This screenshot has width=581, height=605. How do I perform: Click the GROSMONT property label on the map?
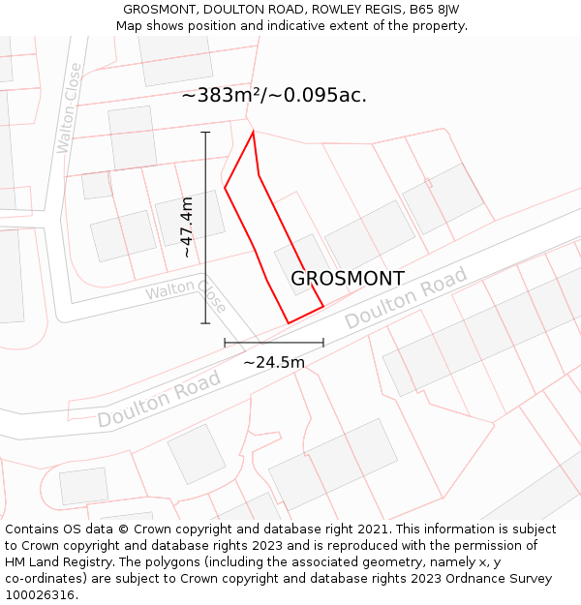(348, 279)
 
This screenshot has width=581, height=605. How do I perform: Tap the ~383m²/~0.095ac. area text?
(274, 96)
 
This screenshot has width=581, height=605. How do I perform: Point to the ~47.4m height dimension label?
(188, 227)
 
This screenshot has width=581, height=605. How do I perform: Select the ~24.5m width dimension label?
(274, 363)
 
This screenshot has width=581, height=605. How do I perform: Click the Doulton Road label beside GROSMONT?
(407, 297)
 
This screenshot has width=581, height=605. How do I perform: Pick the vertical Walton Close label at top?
(70, 107)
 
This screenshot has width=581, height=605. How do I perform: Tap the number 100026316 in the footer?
(42, 595)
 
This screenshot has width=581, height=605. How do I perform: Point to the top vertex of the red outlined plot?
(254, 132)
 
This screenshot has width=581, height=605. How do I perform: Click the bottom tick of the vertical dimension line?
(205, 323)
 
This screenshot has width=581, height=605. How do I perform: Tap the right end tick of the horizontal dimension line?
(323, 343)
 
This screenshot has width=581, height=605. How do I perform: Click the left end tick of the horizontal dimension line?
(225, 343)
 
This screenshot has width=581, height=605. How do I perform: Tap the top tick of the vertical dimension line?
(205, 132)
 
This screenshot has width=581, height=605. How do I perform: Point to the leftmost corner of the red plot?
(225, 188)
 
